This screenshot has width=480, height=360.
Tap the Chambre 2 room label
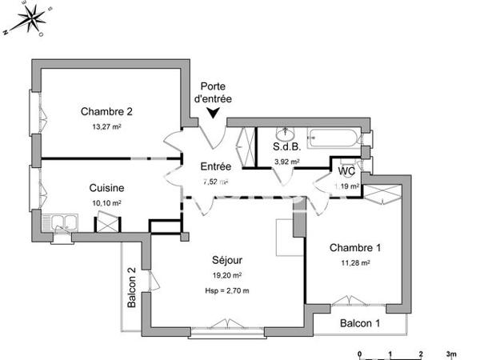[x=106, y=111]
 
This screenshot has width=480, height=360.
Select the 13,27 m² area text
[x=106, y=126]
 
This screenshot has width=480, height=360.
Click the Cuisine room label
[x=106, y=188]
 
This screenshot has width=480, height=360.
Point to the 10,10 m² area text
[x=106, y=203]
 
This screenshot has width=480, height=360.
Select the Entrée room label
[x=215, y=166]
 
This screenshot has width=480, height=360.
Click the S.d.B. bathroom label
[x=286, y=147]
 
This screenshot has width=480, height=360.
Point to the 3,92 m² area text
[x=286, y=161]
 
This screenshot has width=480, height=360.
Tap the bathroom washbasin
[x=285, y=132]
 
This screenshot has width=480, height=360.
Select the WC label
[x=346, y=171]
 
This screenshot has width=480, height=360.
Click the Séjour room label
[x=227, y=260]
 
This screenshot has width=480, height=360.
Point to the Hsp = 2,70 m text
[x=227, y=290]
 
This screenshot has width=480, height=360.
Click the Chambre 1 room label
[x=355, y=247]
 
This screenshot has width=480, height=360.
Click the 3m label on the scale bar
[x=451, y=353]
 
